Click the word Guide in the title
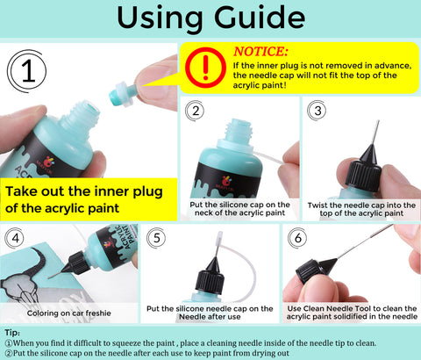click(260, 18)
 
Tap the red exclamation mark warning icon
click(206, 68)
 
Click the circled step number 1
click(27, 71)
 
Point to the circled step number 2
click(196, 111)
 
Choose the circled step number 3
click(318, 111)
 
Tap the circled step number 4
click(15, 239)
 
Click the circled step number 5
click(156, 238)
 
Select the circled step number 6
click(297, 238)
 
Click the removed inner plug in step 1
click(123, 94)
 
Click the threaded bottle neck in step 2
click(239, 131)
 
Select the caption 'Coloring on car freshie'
click(69, 313)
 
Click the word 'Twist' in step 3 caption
click(318, 205)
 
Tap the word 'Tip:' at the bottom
click(12, 333)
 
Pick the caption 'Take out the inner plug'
click(84, 191)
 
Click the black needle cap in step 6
click(313, 270)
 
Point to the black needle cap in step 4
click(76, 263)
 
